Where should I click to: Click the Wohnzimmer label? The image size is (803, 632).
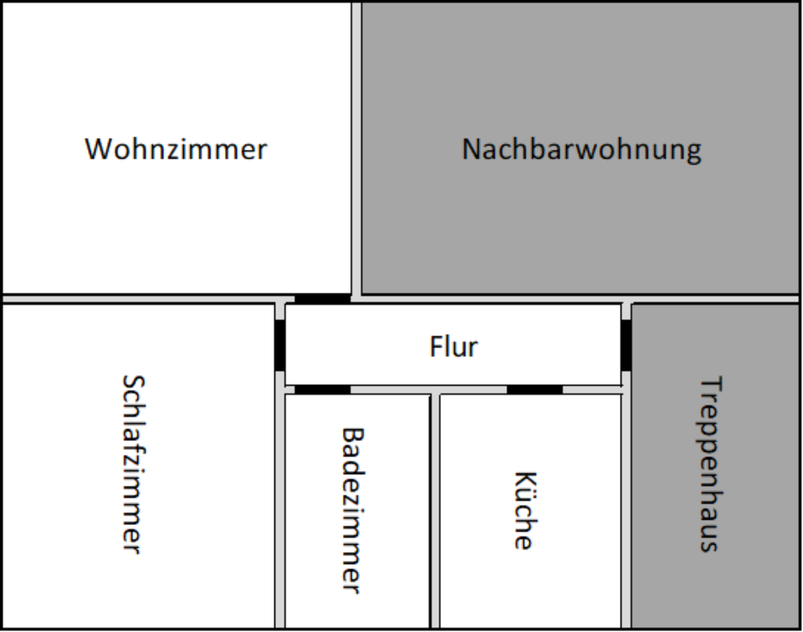tap(176, 149)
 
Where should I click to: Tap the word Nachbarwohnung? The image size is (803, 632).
tap(581, 149)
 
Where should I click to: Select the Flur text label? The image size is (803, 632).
tap(453, 346)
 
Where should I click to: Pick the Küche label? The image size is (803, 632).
tap(524, 511)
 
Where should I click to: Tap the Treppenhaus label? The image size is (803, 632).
tap(709, 465)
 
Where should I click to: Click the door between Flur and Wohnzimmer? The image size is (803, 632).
tap(322, 299)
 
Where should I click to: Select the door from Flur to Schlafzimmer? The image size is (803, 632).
tap(280, 344)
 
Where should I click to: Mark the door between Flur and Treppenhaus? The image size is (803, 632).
tap(626, 344)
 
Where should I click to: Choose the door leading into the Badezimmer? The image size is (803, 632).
tap(322, 389)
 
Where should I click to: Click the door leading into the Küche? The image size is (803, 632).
tap(534, 389)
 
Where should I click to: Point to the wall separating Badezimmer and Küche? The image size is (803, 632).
tap(435, 511)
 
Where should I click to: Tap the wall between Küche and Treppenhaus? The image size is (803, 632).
tap(626, 511)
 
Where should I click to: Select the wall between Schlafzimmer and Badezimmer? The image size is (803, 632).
tap(280, 511)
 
